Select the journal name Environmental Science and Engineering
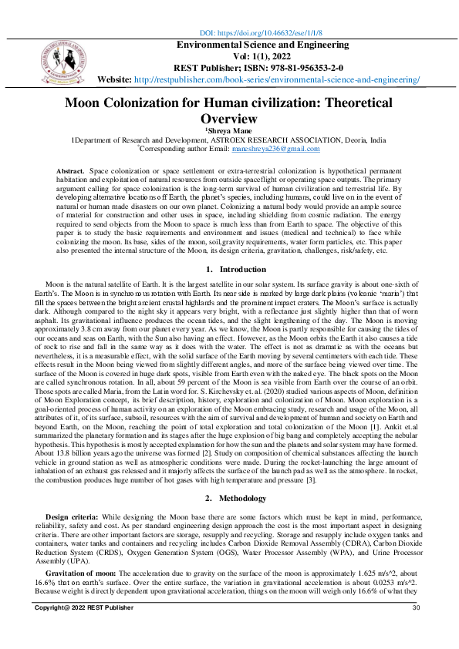(263, 45)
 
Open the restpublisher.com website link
(277, 79)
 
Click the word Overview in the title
(228, 119)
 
